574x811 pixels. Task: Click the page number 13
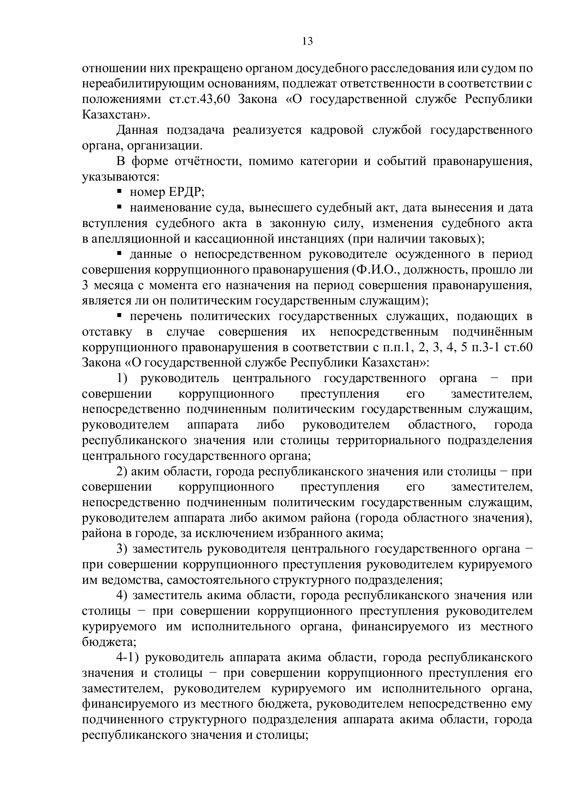coord(307,42)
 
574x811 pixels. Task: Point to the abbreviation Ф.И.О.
coord(376,270)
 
